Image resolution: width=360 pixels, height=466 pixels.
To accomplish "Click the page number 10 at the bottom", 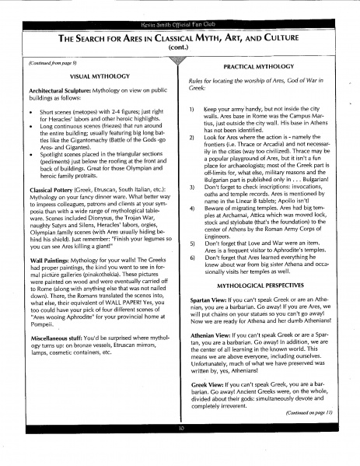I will (x=180, y=450).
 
